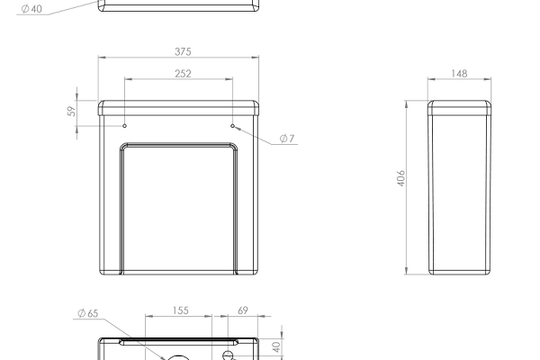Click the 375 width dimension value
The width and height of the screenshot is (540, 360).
pos(183,51)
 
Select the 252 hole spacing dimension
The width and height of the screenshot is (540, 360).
pos(183,74)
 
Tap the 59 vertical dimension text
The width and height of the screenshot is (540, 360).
pos(72,112)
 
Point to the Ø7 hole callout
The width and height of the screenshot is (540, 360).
pos(287,139)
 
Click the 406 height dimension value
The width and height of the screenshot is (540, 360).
pos(400,178)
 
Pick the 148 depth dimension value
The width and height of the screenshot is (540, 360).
pos(459,74)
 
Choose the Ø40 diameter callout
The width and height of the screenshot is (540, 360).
pos(31,9)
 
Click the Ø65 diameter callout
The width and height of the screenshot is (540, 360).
pos(88,313)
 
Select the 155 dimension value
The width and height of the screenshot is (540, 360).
pos(181,310)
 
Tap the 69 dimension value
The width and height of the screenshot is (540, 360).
pos(243,310)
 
